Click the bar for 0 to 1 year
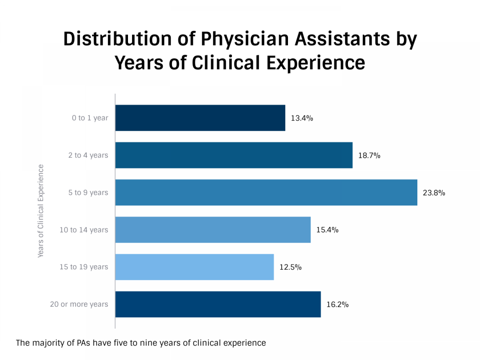200,118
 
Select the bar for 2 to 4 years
234,155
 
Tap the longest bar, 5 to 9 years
266,192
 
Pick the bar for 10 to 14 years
212,230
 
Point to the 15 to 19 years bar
194,267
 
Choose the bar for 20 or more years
218,304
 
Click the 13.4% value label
302,118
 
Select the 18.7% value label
369,156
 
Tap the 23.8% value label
434,193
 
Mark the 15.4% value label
327,230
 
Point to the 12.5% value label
290,268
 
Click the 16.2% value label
337,305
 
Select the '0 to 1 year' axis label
90,118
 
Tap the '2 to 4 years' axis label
88,156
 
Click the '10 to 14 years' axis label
84,230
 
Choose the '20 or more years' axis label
79,305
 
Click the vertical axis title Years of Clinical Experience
41,211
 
